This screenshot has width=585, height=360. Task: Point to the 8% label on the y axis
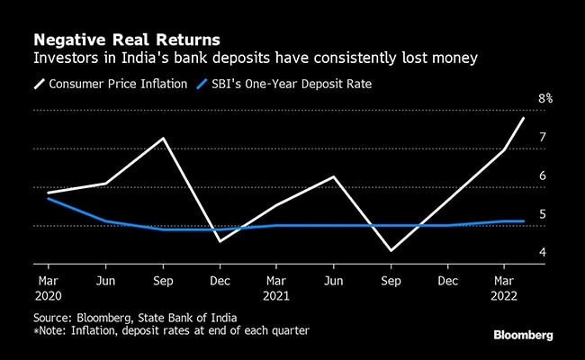(544, 98)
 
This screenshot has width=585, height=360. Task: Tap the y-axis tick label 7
(543, 137)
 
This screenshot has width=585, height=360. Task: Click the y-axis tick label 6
(543, 175)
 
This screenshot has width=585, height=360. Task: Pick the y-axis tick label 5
(543, 214)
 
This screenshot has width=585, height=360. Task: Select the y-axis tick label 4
(543, 252)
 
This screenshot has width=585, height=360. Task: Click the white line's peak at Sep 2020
(162, 139)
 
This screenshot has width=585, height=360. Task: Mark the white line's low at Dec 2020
(220, 241)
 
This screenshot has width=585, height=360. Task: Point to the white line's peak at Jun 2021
(334, 176)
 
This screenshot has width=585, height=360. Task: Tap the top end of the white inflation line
(524, 118)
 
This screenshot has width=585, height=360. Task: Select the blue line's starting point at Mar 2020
(47, 198)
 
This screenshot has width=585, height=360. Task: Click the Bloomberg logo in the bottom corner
(523, 335)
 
